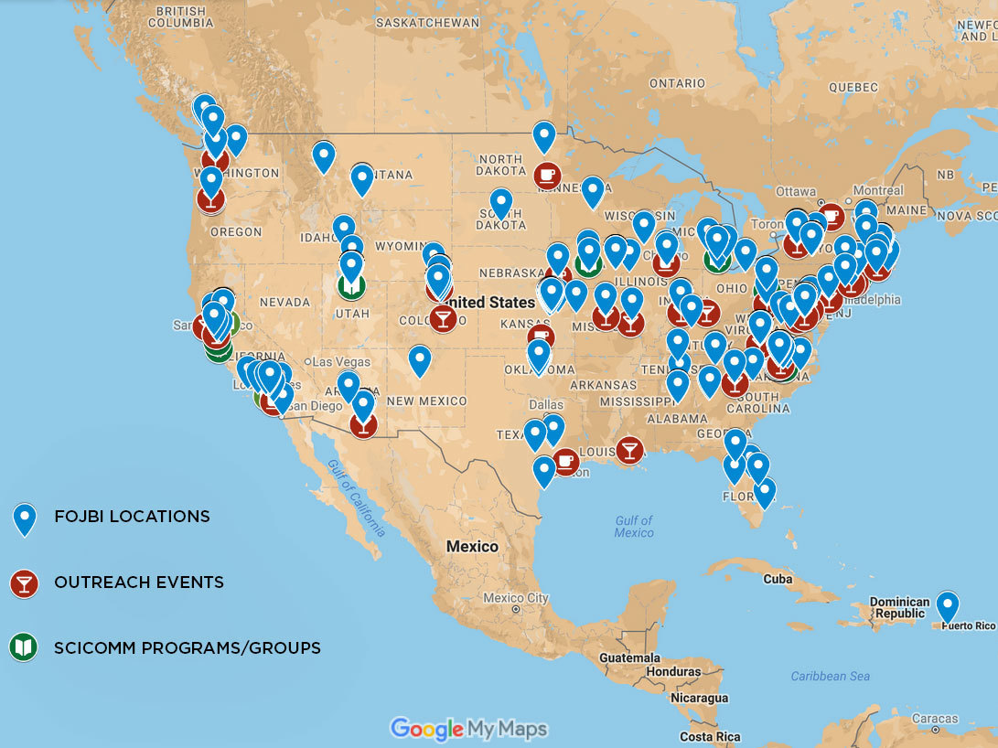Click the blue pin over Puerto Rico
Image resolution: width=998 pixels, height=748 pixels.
pos(947,606)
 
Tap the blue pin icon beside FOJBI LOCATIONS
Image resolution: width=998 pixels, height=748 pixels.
pos(24,518)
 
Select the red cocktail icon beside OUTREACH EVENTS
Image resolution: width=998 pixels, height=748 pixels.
pos(24,583)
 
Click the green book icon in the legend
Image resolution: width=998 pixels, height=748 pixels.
pos(24,648)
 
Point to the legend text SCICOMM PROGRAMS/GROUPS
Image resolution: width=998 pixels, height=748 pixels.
pos(188,648)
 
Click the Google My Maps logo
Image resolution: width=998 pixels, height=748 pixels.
pos(468,729)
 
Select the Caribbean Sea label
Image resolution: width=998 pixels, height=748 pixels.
pos(830,677)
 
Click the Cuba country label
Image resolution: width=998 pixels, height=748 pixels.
pos(777,579)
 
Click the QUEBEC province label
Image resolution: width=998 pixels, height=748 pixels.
pos(853,88)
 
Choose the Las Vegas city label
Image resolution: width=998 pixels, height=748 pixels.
pos(342,362)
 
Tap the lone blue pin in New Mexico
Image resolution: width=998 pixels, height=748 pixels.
pos(419,359)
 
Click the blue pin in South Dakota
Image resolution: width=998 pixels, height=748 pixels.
pos(500,202)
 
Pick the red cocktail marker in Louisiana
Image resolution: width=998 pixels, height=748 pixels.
pos(628,450)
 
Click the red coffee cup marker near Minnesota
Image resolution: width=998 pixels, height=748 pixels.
pos(547,175)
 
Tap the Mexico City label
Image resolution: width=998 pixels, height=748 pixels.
pos(515,598)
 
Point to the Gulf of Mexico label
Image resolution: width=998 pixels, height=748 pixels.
pos(633,527)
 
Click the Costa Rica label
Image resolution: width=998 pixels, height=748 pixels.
pos(710,737)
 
